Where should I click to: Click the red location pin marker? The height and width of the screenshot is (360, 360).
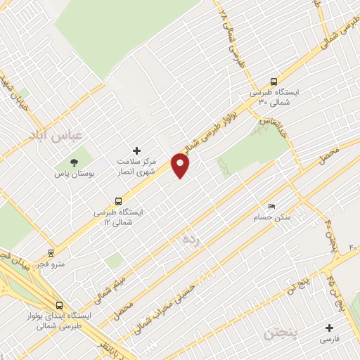coord(181,166)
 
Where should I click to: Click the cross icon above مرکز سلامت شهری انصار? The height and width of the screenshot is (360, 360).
coord(136,150)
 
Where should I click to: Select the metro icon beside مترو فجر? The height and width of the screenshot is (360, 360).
coord(51,253)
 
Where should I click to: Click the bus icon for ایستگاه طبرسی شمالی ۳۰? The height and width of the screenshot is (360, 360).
coord(274,81)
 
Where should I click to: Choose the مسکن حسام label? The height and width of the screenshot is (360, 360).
coord(271,217)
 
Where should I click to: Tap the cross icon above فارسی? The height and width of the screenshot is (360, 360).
coord(329,328)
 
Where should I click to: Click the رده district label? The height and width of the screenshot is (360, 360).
coord(191,240)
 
